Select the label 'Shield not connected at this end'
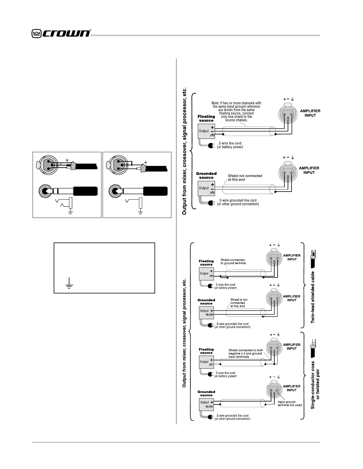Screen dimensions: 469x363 click(245, 178)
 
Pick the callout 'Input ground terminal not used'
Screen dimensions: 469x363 click(289, 403)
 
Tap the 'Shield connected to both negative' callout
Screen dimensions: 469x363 click(246, 354)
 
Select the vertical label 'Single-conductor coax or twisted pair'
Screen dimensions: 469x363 click(315, 385)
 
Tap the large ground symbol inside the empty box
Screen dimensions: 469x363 click(69, 283)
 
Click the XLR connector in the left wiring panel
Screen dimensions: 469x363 click(45, 165)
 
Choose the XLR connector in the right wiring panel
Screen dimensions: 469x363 click(115, 165)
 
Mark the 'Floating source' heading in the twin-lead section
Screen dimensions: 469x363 click(206, 263)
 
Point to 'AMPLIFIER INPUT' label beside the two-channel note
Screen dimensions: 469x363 click(310, 113)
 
